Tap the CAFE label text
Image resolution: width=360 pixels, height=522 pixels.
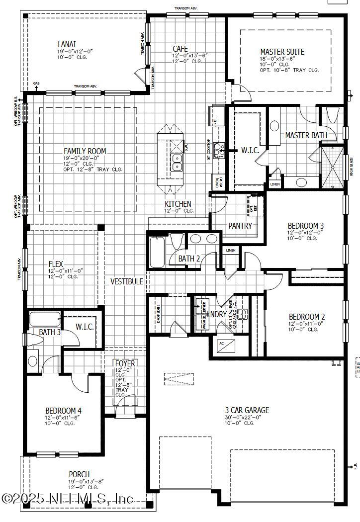tap(180, 49)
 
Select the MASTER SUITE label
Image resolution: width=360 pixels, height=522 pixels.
tap(282, 52)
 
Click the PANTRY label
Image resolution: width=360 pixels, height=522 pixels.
tap(240, 226)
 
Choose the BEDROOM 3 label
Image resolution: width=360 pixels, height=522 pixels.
tap(306, 225)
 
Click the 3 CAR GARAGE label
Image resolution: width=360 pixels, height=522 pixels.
tap(247, 410)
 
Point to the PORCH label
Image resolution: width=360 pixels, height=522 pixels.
tap(79, 474)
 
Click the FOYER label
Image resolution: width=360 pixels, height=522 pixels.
tap(124, 363)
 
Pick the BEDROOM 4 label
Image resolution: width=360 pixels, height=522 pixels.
tap(63, 411)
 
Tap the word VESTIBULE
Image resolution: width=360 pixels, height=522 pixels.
tap(127, 281)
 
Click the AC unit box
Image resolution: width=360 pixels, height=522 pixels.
tap(221, 344)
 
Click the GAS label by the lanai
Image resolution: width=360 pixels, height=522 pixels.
tap(36, 84)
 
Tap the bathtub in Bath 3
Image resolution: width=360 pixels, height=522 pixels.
tap(44, 319)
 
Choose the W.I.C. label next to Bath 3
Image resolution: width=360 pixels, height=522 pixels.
tap(85, 327)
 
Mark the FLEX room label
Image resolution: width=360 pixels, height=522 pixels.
tap(56, 264)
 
